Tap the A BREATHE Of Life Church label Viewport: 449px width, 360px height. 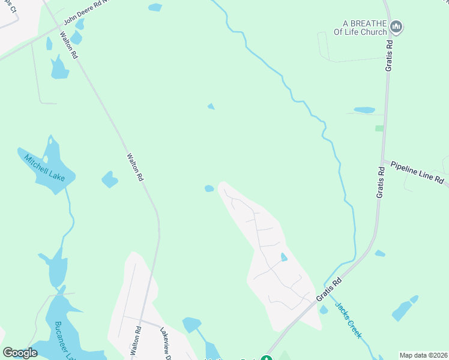[360, 28]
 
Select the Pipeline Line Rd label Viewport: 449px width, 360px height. [417, 172]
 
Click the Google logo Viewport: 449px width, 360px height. [20, 353]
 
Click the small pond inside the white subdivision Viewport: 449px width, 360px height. [284, 257]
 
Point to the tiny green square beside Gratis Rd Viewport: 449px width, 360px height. [379, 128]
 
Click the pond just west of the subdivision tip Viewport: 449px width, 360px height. [209, 188]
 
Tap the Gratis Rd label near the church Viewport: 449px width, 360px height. [389, 54]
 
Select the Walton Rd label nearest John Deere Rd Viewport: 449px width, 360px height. [69, 45]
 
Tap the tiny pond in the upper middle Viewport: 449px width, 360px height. [211, 107]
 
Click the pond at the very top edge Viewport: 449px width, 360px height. [155, 7]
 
